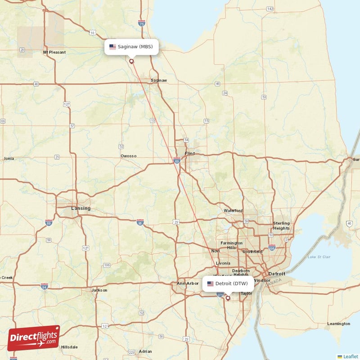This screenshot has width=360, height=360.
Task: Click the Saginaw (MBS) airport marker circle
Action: (x=131, y=61)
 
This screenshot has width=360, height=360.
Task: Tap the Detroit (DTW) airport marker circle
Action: (x=228, y=298)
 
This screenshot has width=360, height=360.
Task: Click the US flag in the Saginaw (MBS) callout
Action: (x=112, y=47)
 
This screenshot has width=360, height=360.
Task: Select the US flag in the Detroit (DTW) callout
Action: (x=210, y=283)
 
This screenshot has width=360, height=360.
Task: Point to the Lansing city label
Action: (x=81, y=208)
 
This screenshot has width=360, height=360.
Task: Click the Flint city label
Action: (x=190, y=153)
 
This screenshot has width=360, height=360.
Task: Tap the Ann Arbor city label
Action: (x=188, y=283)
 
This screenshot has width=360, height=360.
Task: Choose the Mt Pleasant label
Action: (x=54, y=52)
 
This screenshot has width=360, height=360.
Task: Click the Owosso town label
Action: (x=128, y=156)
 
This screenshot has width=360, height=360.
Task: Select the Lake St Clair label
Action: (x=318, y=257)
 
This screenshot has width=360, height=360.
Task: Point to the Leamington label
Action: (x=338, y=324)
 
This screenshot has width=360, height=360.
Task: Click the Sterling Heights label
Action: (x=281, y=226)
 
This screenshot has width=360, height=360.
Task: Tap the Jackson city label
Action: (x=99, y=290)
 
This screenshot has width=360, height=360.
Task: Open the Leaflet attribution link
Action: (x=351, y=356)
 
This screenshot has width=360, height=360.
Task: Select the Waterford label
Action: (x=233, y=211)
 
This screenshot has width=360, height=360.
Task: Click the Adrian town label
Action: (x=145, y=351)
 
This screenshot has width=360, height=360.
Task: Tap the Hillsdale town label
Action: (x=69, y=347)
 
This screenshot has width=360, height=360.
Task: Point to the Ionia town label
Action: (x=9, y=158)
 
